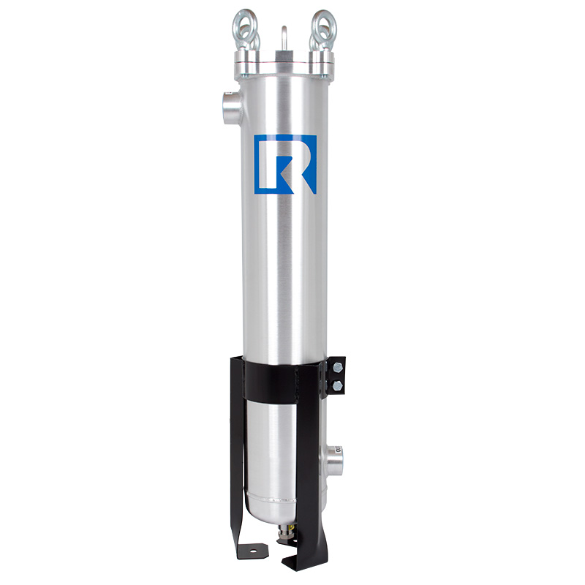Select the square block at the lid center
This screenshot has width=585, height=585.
click(x=284, y=55)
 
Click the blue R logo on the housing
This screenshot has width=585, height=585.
click(x=285, y=165)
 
